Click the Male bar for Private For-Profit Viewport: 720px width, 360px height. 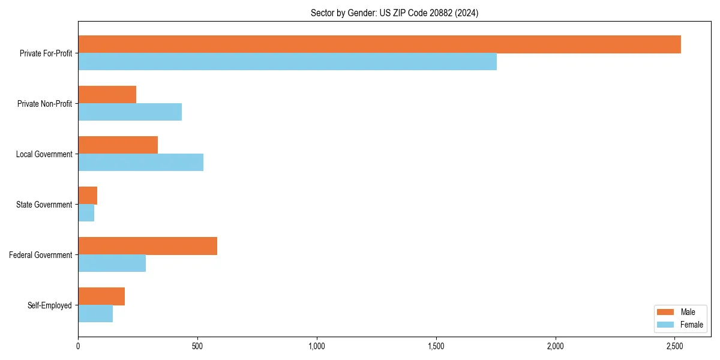point(379,44)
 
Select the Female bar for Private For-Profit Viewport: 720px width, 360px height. point(287,62)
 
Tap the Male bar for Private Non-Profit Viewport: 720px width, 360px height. point(107,95)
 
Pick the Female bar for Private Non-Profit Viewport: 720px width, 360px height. point(130,112)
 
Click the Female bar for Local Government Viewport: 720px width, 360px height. point(141,163)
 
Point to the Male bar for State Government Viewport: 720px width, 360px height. point(88,196)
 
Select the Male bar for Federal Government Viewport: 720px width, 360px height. point(148,246)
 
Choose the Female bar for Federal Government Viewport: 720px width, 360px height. point(112,263)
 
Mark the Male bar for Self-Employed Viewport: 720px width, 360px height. point(101,296)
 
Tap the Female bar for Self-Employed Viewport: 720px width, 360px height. point(95,314)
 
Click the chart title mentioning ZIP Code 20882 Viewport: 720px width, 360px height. point(394,13)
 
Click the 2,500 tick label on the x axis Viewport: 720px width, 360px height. point(675,346)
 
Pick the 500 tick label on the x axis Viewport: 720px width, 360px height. point(197,346)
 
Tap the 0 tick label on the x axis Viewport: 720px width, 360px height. point(78,346)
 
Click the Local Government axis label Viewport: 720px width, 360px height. point(44,154)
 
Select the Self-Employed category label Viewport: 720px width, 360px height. point(49,305)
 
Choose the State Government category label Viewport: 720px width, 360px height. point(44,205)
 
